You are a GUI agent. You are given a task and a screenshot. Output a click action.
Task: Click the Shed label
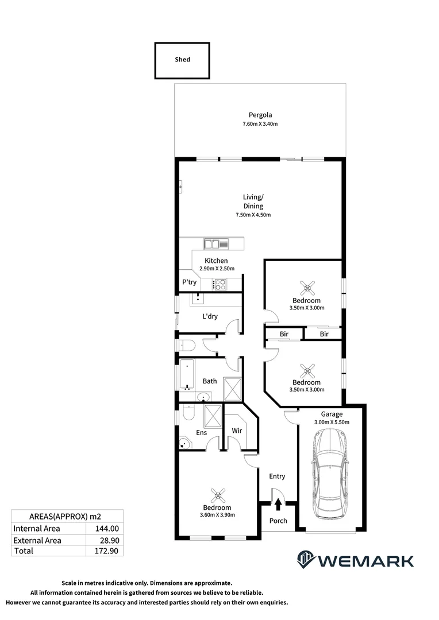(182, 60)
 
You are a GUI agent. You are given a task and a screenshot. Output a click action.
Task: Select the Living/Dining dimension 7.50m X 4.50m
(253, 215)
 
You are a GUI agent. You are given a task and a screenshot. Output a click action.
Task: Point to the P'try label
(189, 282)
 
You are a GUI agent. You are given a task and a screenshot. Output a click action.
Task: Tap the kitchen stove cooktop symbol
(219, 283)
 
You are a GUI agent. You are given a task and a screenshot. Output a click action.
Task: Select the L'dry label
(209, 316)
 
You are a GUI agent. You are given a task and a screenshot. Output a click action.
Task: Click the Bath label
(210, 381)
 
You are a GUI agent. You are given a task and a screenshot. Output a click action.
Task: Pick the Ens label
(201, 433)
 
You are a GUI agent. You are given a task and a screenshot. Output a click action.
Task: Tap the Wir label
(236, 430)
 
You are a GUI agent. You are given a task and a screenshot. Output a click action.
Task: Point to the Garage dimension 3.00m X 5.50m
(332, 423)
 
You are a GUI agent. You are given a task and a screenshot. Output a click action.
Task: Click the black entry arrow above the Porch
(278, 504)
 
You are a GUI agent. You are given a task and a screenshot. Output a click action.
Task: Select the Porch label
(278, 521)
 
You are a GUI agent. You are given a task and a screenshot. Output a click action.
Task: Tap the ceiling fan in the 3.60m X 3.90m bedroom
(217, 494)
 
